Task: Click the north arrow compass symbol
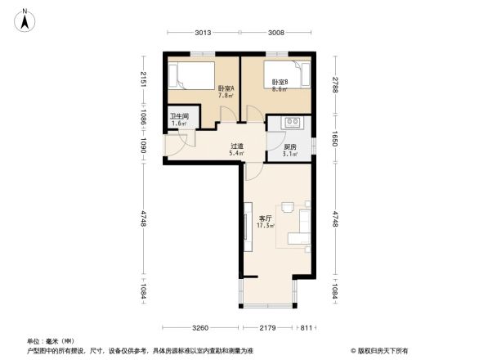pos(25,19)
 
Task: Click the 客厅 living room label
pos(266,218)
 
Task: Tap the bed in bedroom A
pos(190,78)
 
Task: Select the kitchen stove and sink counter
pos(292,124)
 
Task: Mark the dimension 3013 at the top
pos(204,34)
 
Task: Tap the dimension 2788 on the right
pos(334,86)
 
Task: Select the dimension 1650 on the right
pos(334,141)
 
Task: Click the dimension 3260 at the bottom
pos(204,329)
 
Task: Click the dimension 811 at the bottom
pos(305,329)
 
